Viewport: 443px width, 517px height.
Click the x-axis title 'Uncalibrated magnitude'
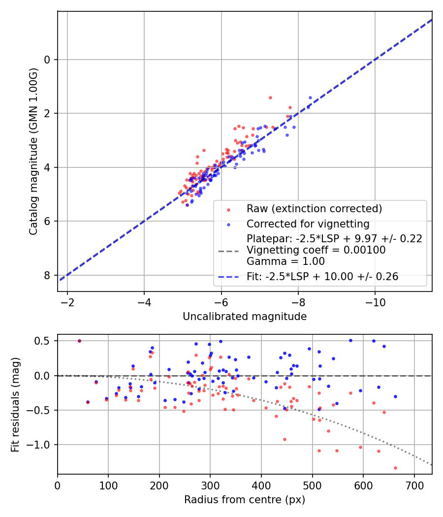[x=245, y=317]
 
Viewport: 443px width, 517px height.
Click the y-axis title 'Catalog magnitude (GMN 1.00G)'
[x=33, y=151]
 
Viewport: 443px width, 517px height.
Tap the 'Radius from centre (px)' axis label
[x=245, y=500]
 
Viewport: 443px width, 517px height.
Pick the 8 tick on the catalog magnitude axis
[x=47, y=275]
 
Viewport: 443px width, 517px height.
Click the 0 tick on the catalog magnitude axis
[x=47, y=60]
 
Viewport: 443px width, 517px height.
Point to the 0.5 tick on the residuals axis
[x=44, y=341]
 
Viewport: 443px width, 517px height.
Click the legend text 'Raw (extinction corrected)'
[x=315, y=209]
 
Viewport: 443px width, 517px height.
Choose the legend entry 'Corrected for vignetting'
[x=308, y=224]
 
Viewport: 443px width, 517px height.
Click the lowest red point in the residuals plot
[x=395, y=468]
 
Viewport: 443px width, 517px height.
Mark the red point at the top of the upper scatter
[x=270, y=97]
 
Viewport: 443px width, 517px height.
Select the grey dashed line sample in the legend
[x=228, y=251]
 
